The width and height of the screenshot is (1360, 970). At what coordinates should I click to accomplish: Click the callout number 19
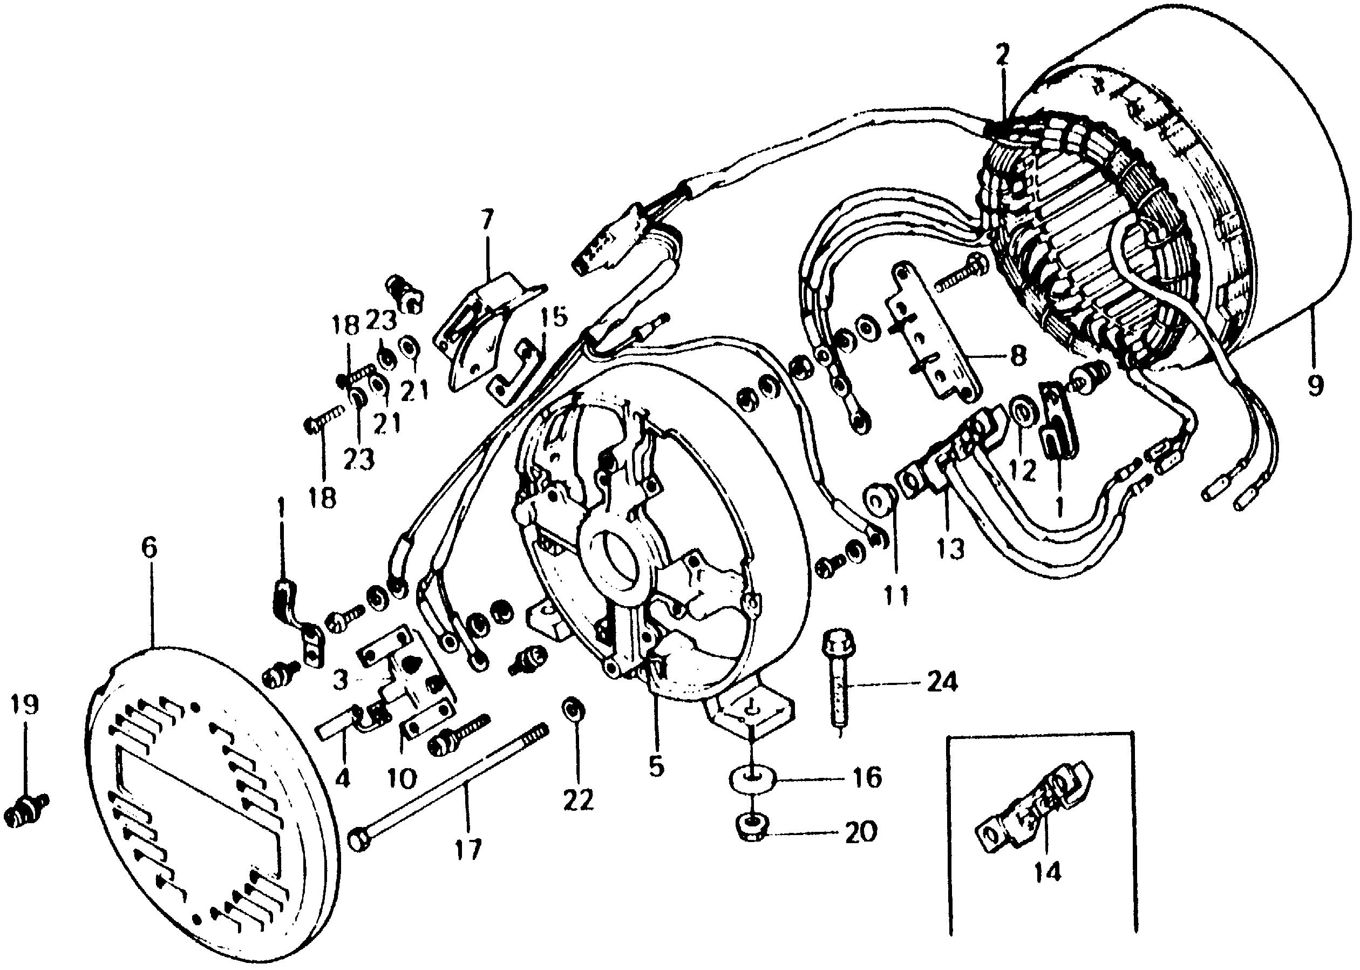click(x=24, y=705)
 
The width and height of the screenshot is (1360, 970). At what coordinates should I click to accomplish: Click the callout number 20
click(x=860, y=831)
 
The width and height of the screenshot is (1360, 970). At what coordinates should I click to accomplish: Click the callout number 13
click(x=950, y=548)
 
